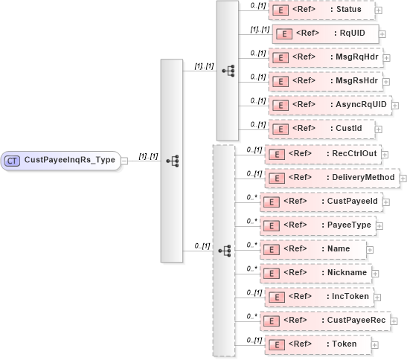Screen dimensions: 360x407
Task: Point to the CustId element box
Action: [x=321, y=129]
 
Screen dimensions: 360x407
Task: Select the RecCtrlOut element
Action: [x=327, y=155]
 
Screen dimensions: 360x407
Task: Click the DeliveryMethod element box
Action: [x=332, y=178]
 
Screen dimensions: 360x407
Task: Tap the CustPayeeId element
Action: [x=321, y=202]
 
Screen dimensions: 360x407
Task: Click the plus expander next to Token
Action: [x=374, y=345]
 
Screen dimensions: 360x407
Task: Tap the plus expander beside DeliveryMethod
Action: [x=403, y=179]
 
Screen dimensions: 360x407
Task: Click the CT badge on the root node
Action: [x=13, y=160]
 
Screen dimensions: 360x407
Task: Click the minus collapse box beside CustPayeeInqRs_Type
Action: [x=124, y=160]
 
